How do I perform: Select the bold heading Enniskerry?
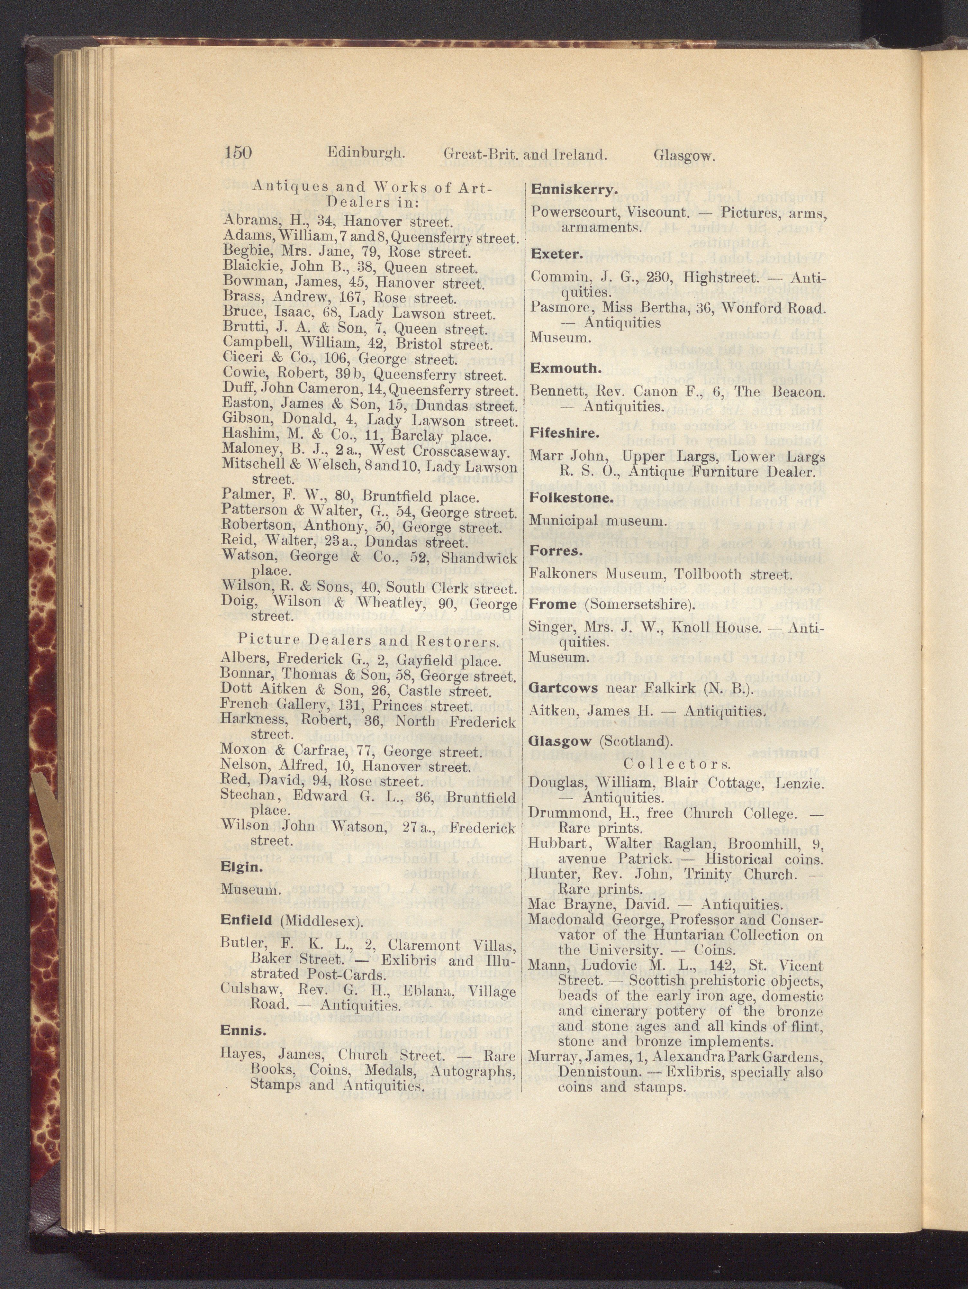point(566,190)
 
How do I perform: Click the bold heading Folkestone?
point(564,498)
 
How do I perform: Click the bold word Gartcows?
point(563,688)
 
